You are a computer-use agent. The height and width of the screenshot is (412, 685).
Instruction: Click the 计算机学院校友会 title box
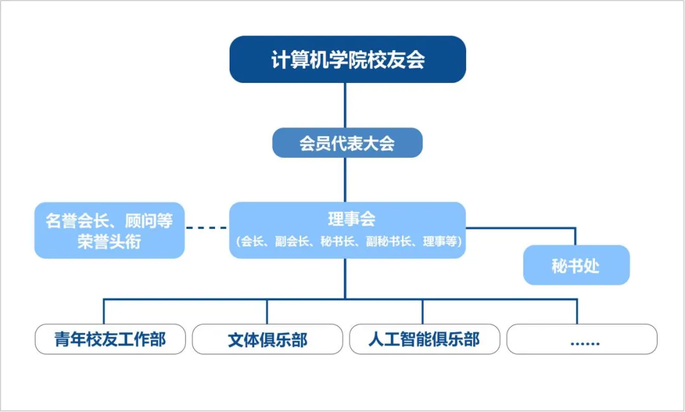pos(348,60)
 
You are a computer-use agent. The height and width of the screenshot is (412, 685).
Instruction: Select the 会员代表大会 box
pos(347,143)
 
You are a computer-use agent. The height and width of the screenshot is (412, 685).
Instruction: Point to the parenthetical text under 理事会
pos(348,241)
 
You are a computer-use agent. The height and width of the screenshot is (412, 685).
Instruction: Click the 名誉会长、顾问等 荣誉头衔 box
pos(109,230)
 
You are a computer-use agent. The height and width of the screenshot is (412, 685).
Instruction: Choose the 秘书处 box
pos(575,266)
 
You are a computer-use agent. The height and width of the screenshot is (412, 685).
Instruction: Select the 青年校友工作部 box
pos(110,339)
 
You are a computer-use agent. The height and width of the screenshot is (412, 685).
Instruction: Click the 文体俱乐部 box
pos(267,340)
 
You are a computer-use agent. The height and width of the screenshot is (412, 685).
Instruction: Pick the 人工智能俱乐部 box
pos(424,339)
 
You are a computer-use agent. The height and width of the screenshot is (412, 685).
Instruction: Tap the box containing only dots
pos(582,340)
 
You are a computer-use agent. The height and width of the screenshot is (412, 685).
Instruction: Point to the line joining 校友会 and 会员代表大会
pos(346,105)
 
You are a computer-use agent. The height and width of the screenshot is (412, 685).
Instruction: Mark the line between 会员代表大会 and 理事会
pos(346,180)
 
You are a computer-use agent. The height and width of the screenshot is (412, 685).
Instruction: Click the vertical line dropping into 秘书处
pos(575,236)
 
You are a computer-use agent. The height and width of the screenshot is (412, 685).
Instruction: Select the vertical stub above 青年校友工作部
pos(103,311)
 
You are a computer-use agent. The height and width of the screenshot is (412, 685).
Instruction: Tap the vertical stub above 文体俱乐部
pos(266,311)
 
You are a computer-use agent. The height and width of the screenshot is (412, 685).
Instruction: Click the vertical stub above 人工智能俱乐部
pos(422,311)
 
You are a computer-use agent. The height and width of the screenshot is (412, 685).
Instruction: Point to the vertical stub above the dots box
pos(577,311)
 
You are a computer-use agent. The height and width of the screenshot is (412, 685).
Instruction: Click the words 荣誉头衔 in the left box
pos(109,242)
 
